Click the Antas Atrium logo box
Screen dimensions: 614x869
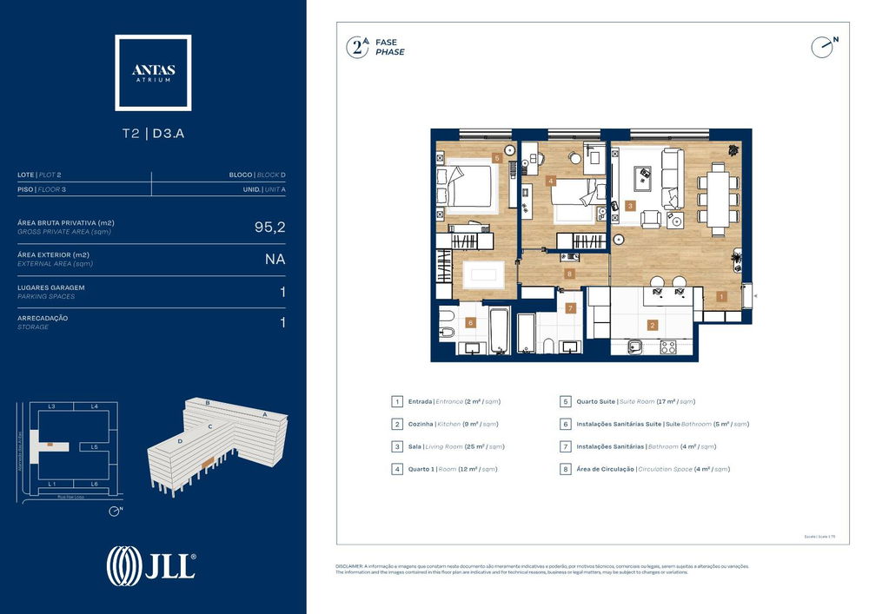(153, 73)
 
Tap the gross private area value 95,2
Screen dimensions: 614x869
(269, 227)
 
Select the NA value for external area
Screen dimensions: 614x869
(275, 259)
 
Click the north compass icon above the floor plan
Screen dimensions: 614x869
(822, 47)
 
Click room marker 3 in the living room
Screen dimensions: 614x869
(629, 206)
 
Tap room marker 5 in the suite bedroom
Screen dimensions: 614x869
(496, 158)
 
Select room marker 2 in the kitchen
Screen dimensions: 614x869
(652, 326)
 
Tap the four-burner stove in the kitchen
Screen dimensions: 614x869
(668, 347)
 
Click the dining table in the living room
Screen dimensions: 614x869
(718, 198)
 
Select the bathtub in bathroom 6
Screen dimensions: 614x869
(499, 330)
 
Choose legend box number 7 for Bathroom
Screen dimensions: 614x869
(565, 446)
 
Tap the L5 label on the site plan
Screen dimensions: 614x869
(94, 446)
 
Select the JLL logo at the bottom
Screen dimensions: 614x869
(151, 565)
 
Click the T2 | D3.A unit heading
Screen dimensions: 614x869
(153, 134)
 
